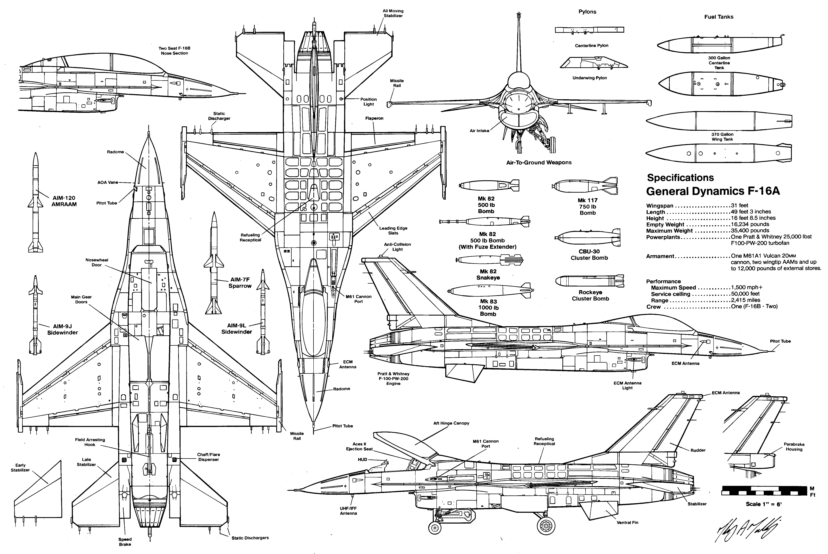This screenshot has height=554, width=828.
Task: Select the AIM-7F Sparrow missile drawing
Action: click(x=214, y=263)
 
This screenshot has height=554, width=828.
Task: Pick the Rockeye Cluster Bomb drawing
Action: click(x=590, y=281)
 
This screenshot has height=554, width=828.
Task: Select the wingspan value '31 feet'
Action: click(x=739, y=205)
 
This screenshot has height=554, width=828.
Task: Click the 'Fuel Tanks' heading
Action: click(x=719, y=17)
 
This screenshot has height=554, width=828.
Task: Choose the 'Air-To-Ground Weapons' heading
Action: click(x=538, y=163)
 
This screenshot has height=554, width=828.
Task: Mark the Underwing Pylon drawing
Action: click(x=593, y=63)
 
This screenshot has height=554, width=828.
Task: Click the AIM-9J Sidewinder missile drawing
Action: click(x=36, y=314)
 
